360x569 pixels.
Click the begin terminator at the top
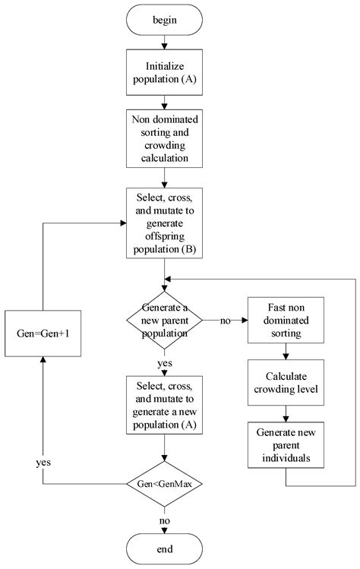tap(166, 20)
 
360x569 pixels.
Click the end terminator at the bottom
tap(166, 548)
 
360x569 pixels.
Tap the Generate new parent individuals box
tap(286, 446)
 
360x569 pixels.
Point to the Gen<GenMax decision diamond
tap(166, 482)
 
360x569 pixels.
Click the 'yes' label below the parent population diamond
tap(166, 364)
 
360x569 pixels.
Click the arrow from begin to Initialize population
tap(166, 43)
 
